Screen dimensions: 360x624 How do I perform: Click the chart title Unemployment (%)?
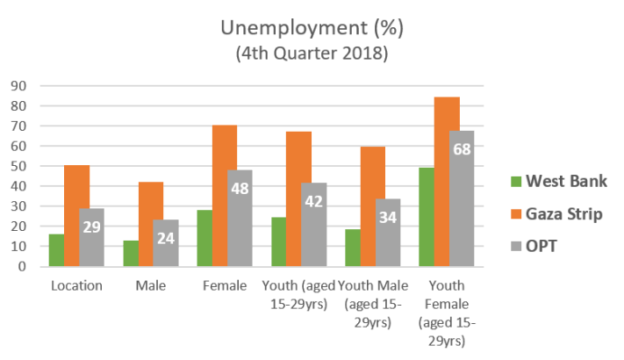tap(312, 29)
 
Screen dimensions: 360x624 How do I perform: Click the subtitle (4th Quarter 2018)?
tap(312, 54)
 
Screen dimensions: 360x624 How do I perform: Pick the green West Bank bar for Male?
tap(130, 253)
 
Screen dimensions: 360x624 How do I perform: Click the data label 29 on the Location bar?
tap(90, 227)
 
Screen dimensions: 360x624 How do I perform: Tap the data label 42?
tap(313, 200)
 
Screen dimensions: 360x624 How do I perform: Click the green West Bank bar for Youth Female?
tap(427, 216)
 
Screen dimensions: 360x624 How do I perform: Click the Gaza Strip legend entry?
tap(557, 213)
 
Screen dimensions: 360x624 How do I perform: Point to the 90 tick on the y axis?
tap(18, 86)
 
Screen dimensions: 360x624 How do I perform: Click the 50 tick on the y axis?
tap(18, 166)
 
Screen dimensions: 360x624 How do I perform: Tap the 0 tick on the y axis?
tap(21, 266)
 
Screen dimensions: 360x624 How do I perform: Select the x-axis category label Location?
tap(76, 285)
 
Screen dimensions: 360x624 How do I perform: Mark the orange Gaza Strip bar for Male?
tap(150, 224)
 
